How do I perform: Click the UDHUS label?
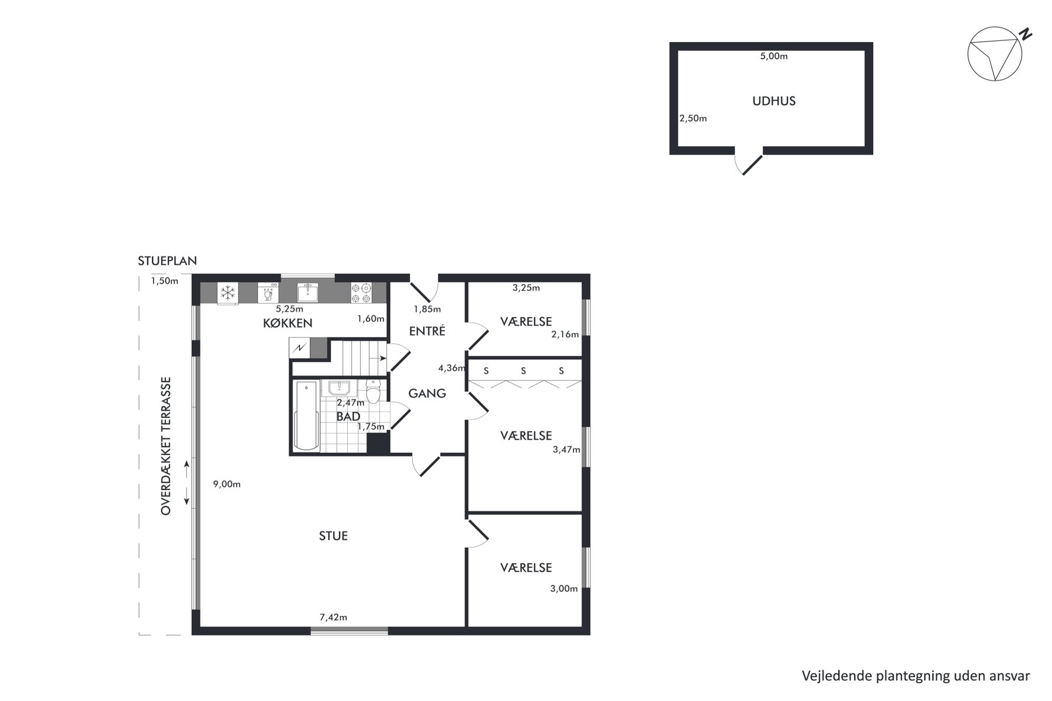(x=774, y=101)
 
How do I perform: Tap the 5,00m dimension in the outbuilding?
(x=774, y=56)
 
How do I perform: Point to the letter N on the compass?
(x=1025, y=34)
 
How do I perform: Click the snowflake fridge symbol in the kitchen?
(x=227, y=292)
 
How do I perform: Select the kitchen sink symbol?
(x=307, y=292)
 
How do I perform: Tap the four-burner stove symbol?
(x=361, y=293)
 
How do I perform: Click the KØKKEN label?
(x=288, y=323)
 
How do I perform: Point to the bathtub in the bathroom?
(x=306, y=415)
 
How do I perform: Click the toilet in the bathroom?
(x=373, y=391)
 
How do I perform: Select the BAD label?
(x=348, y=417)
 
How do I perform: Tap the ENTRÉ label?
(x=427, y=331)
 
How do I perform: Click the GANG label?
(x=427, y=393)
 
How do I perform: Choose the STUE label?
(x=333, y=536)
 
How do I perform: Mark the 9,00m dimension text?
(x=227, y=484)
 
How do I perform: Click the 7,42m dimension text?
(x=333, y=617)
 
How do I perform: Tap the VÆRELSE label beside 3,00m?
(x=526, y=568)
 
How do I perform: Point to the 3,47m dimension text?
(x=566, y=449)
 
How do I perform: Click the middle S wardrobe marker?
(x=523, y=370)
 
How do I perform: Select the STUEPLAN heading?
(x=167, y=261)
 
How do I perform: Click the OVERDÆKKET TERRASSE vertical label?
(x=166, y=446)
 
